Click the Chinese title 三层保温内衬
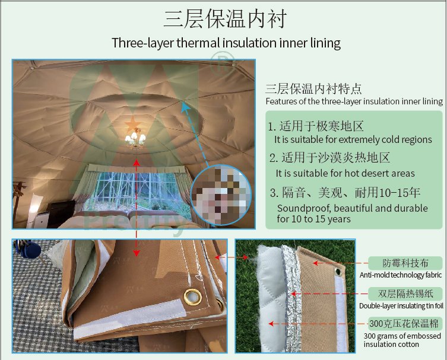[225, 19]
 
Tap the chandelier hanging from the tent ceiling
[135, 139]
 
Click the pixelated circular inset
[221, 195]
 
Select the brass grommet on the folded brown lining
[192, 297]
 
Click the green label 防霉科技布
[405, 263]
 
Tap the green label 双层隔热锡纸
[405, 294]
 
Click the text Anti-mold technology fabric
[401, 275]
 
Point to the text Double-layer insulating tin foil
[401, 306]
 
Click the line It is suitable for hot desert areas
[345, 173]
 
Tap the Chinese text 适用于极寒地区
[321, 126]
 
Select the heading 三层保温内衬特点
[313, 89]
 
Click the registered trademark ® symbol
[223, 62]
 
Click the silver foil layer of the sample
[291, 299]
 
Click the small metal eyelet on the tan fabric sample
[338, 272]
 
